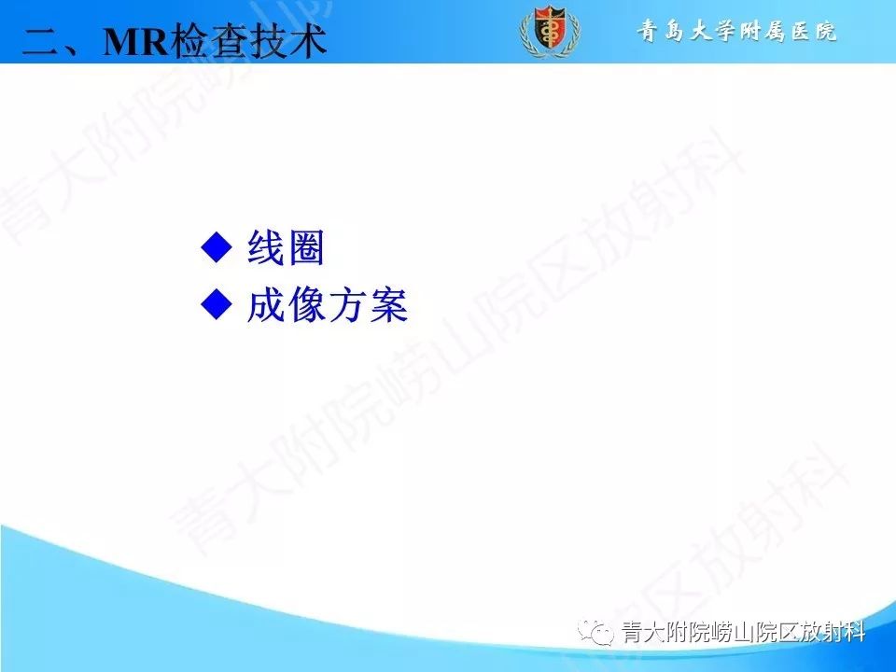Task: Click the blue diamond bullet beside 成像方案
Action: pyautogui.click(x=216, y=303)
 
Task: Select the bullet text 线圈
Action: pyautogui.click(x=286, y=247)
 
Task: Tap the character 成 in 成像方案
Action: pyautogui.click(x=266, y=304)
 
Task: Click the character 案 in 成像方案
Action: pyautogui.click(x=388, y=304)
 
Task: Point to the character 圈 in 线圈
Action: pyautogui.click(x=305, y=247)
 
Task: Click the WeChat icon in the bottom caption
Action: pyautogui.click(x=595, y=633)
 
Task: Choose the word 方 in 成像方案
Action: pyautogui.click(x=347, y=304)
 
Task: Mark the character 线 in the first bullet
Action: pyautogui.click(x=266, y=247)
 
